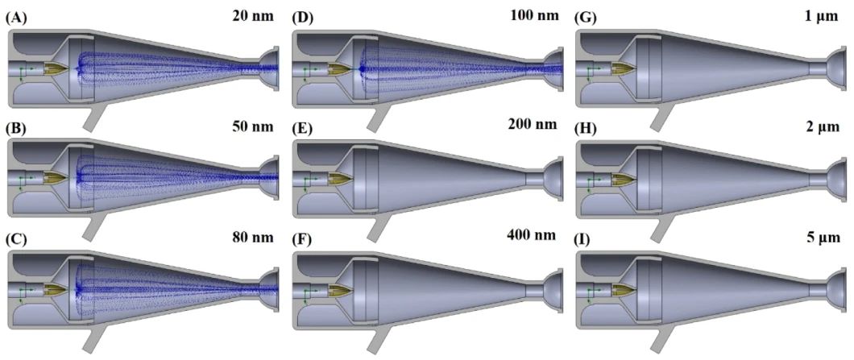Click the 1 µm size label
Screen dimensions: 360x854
point(821,15)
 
